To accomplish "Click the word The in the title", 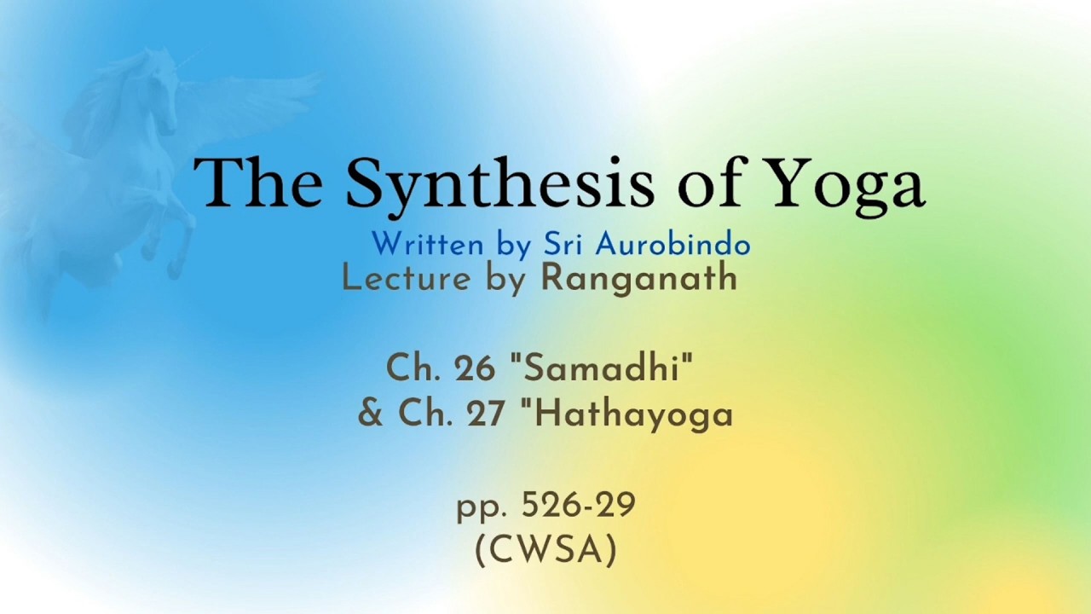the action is coord(258,182).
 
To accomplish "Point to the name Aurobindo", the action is coord(673,244).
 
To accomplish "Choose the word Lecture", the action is coord(407,278).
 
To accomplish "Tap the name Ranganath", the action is coord(639,280).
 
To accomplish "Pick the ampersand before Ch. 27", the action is coord(371,414).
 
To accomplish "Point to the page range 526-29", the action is coord(579,506).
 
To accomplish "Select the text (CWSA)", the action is coord(546,551).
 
